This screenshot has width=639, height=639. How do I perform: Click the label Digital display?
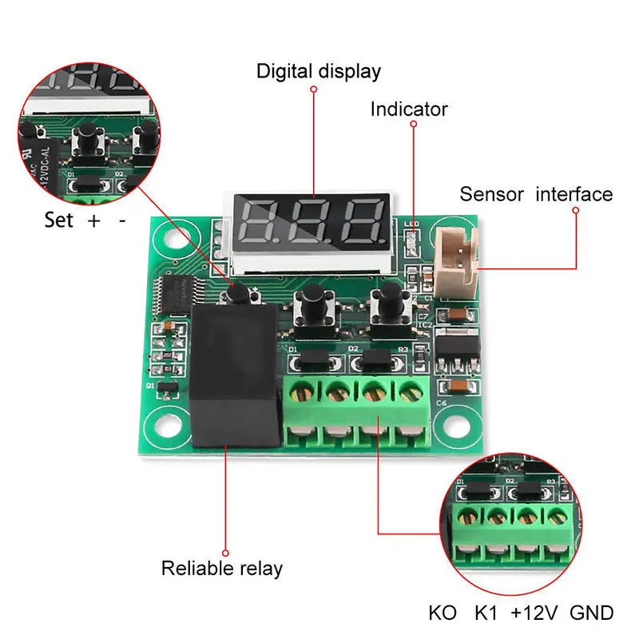319,71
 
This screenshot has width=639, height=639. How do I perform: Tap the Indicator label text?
409,109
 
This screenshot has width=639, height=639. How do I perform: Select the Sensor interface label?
536,194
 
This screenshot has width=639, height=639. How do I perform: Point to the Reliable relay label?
222,569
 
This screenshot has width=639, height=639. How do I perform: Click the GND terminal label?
593,613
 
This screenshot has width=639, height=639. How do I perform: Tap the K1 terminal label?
486,613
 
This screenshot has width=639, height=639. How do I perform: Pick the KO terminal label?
443,613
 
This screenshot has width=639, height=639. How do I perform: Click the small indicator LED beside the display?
411,238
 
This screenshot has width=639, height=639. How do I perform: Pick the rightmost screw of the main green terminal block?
409,391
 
